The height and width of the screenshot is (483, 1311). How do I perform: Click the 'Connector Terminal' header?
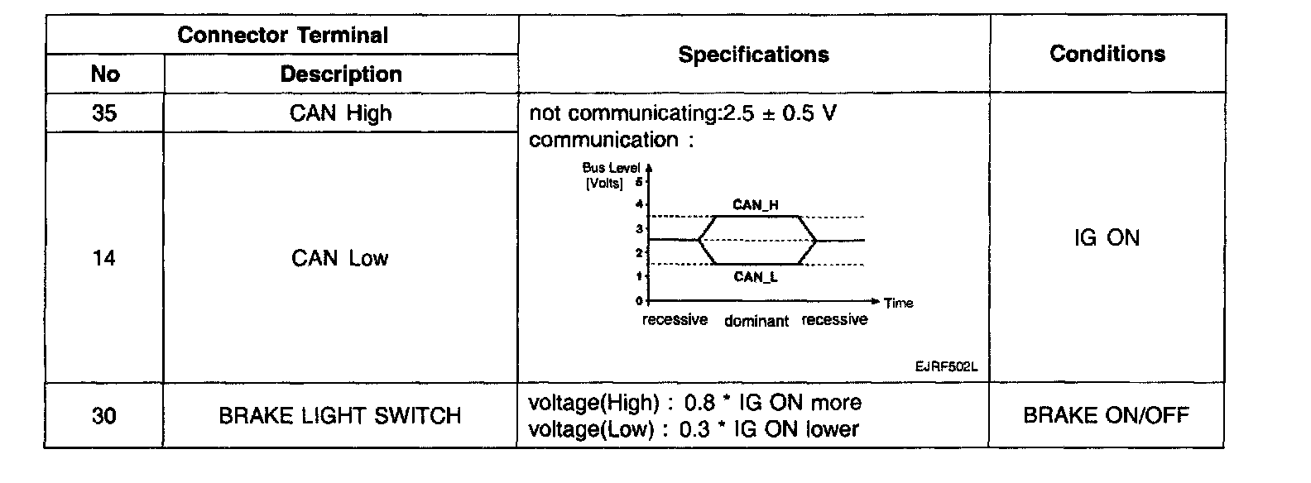[x=282, y=36]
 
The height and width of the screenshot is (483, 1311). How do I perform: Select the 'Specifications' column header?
[x=753, y=55]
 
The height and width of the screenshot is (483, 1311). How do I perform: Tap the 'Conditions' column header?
[x=1107, y=54]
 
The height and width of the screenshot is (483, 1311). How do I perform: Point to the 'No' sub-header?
[x=105, y=74]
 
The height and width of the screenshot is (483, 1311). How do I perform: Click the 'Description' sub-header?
[x=341, y=74]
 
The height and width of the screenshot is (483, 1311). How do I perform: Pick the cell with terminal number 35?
[x=104, y=113]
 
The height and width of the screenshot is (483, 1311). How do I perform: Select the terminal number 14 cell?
[x=104, y=259]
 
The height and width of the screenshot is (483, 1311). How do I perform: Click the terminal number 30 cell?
[x=104, y=415]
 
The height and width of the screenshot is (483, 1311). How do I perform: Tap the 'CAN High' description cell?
[x=340, y=113]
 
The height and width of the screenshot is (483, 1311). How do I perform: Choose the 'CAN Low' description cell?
[x=339, y=259]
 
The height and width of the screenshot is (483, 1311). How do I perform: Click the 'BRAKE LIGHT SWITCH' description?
[x=339, y=415]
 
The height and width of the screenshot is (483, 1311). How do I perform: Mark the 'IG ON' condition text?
[x=1107, y=238]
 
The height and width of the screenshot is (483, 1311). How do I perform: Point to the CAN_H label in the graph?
[x=755, y=204]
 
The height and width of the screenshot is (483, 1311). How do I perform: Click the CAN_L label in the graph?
[x=755, y=277]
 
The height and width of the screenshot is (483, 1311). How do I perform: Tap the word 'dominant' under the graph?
[x=756, y=321]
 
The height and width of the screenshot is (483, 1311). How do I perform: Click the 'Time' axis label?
[x=898, y=303]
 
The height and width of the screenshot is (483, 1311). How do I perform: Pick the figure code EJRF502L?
[x=946, y=367]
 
